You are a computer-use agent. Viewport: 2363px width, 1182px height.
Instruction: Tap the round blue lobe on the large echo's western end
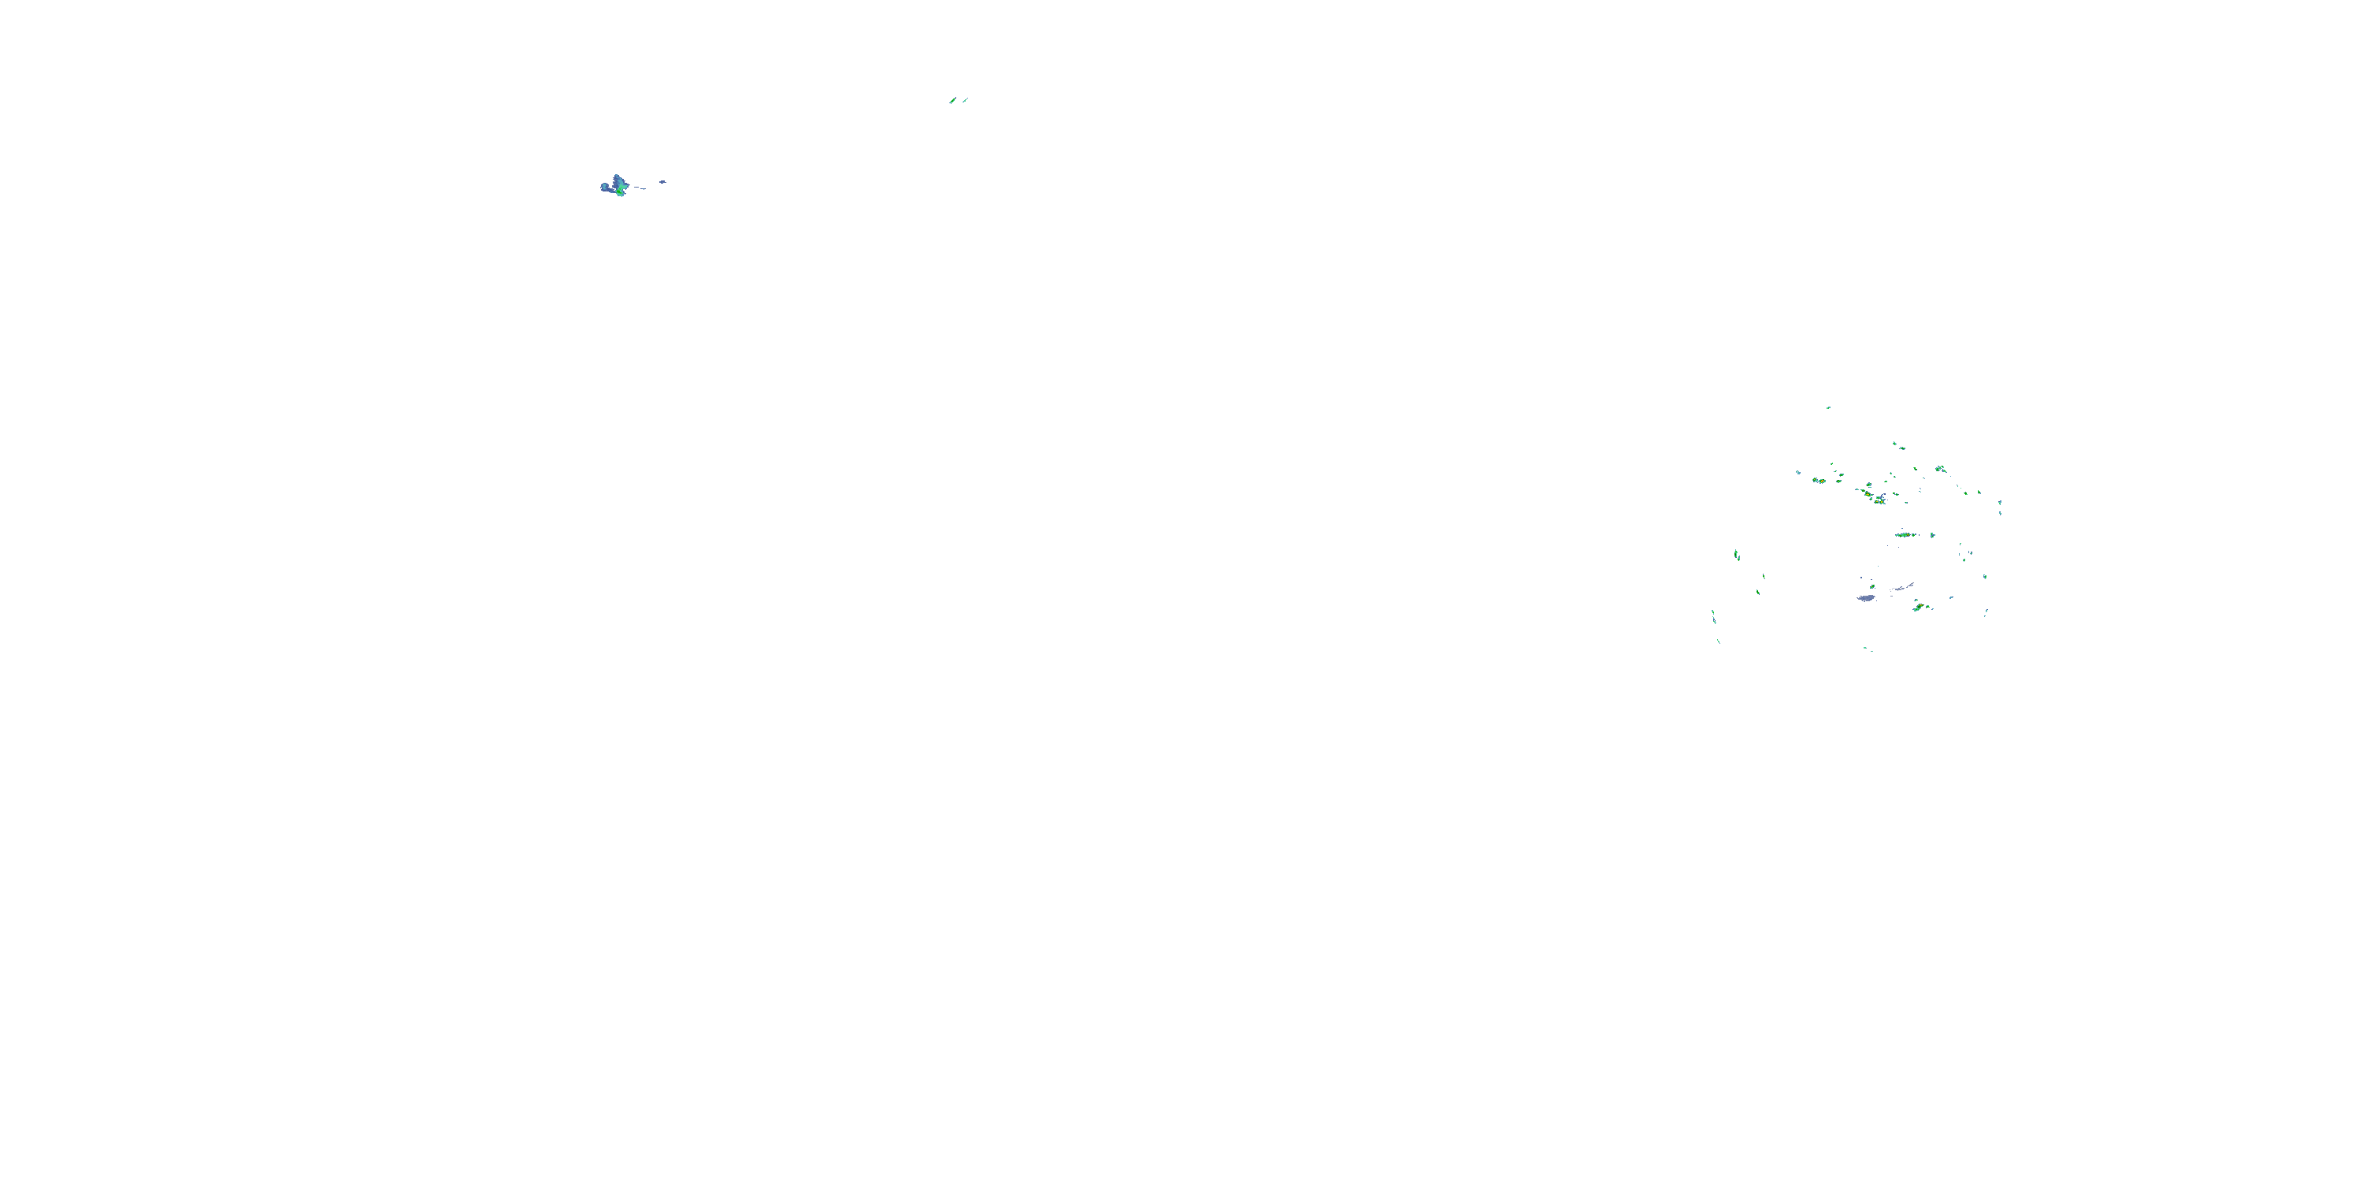pyautogui.click(x=606, y=188)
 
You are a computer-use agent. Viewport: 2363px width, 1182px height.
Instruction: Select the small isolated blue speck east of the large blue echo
pyautogui.click(x=662, y=182)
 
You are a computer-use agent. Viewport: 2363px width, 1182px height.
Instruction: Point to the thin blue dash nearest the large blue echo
pyautogui.click(x=640, y=188)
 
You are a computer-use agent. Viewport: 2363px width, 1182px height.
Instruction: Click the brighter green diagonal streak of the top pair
pyautogui.click(x=952, y=100)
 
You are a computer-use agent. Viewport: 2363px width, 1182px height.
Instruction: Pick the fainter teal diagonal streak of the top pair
pyautogui.click(x=965, y=100)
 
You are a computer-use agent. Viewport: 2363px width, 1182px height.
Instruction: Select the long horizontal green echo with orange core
pyautogui.click(x=1905, y=534)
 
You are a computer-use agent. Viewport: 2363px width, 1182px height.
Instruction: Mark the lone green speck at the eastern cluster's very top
pyautogui.click(x=1828, y=407)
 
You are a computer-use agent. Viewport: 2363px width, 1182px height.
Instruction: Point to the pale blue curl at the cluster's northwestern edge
pyautogui.click(x=1798, y=473)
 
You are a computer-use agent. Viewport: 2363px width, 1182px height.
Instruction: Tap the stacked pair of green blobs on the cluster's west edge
pyautogui.click(x=1737, y=554)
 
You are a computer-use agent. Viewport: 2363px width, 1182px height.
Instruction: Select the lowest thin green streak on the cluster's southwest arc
pyautogui.click(x=1719, y=641)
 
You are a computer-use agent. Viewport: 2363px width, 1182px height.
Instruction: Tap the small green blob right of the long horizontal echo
pyautogui.click(x=1933, y=534)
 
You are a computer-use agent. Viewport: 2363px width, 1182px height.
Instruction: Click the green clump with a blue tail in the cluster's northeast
pyautogui.click(x=1940, y=469)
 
